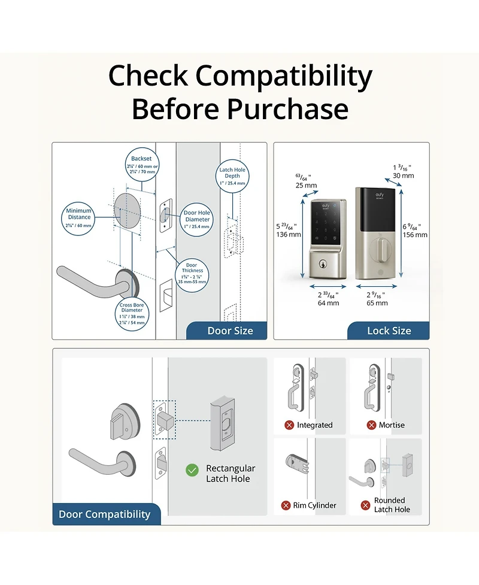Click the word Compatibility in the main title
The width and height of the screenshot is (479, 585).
(x=284, y=77)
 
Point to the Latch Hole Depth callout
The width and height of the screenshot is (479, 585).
(x=232, y=176)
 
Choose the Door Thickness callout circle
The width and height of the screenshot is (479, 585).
(x=191, y=273)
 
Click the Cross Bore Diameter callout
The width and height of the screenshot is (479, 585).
(x=131, y=313)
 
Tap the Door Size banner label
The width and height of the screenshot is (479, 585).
(x=230, y=331)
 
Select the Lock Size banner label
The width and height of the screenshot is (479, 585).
(x=389, y=331)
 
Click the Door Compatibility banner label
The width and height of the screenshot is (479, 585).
(x=104, y=514)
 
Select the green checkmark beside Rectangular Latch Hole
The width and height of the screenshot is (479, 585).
(x=192, y=470)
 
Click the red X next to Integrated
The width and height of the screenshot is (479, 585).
(x=289, y=425)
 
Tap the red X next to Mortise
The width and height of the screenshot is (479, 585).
(x=371, y=425)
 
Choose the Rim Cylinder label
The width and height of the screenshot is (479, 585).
(x=314, y=505)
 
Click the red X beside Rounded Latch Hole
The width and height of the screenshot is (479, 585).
(x=365, y=505)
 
